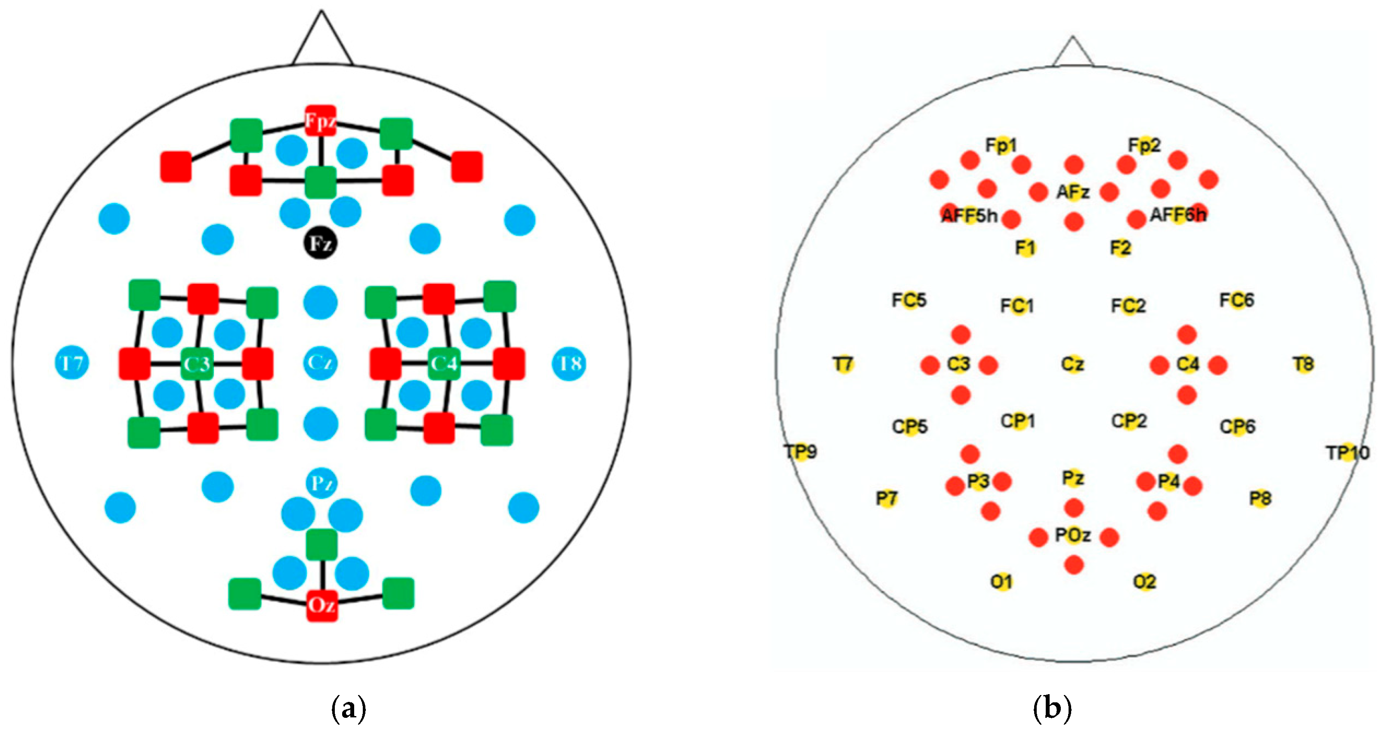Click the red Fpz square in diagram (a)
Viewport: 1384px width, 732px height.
[321, 121]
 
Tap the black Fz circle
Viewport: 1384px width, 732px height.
[321, 244]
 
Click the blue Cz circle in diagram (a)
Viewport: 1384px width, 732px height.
[321, 363]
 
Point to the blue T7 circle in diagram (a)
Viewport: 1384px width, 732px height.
[72, 363]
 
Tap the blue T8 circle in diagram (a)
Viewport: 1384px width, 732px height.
[569, 363]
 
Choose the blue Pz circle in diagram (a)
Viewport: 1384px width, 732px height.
[321, 483]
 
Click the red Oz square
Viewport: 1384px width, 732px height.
[322, 605]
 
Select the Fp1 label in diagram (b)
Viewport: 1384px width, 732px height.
[1001, 145]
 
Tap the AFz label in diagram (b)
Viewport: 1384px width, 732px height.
[1073, 192]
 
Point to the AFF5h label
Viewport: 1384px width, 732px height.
[970, 216]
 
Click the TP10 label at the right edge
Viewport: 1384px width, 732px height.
[1347, 453]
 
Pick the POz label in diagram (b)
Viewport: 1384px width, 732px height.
[1073, 535]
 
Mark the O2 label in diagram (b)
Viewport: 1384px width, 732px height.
[1144, 581]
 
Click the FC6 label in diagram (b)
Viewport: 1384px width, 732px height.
[1237, 300]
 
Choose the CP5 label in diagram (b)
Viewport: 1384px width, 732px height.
[910, 426]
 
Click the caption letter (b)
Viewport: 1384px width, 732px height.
[1052, 710]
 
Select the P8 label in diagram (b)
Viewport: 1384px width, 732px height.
[1260, 498]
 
